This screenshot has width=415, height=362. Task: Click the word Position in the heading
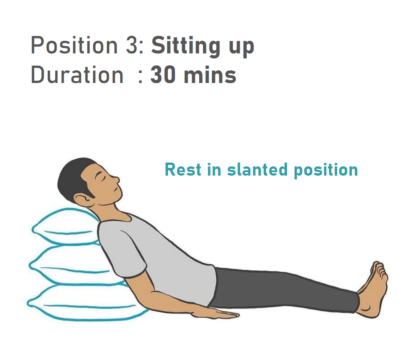click(x=74, y=45)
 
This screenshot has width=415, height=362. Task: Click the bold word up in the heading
click(x=241, y=48)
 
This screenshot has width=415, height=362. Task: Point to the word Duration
click(x=77, y=75)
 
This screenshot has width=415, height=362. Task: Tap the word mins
click(x=210, y=75)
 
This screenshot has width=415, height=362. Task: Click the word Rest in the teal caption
click(x=183, y=169)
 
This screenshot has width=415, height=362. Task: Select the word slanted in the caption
click(x=257, y=169)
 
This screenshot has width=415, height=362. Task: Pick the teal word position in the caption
click(x=326, y=171)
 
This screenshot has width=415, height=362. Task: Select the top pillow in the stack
click(x=66, y=227)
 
